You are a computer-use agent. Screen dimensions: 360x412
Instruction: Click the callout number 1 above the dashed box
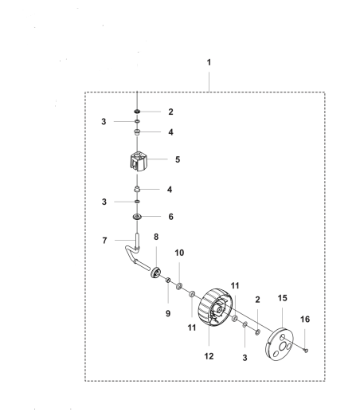(209, 62)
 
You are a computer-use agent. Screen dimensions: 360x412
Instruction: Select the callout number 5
(178, 159)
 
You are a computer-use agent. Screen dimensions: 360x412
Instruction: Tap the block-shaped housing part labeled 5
(139, 161)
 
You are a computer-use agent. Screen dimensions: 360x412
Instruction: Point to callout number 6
(170, 217)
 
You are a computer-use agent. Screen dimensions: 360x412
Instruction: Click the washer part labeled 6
(137, 217)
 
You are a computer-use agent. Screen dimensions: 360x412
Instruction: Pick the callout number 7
(104, 241)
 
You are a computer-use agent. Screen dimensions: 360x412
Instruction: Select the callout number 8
(156, 237)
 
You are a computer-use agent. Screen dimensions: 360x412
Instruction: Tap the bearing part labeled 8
(155, 273)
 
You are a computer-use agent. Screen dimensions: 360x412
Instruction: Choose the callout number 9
(168, 313)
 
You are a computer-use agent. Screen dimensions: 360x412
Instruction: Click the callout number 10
(179, 253)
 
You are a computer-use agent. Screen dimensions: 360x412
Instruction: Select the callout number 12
(209, 356)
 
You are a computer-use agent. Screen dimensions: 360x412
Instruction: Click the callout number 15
(283, 298)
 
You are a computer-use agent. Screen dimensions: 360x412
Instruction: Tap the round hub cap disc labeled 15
(280, 344)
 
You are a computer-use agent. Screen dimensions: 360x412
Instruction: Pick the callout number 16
(305, 319)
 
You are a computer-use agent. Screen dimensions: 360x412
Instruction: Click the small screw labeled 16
(306, 351)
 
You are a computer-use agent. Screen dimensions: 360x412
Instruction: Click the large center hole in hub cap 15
(282, 346)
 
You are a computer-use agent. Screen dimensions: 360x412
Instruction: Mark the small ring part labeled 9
(168, 280)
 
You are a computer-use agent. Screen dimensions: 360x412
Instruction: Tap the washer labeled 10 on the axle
(179, 287)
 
